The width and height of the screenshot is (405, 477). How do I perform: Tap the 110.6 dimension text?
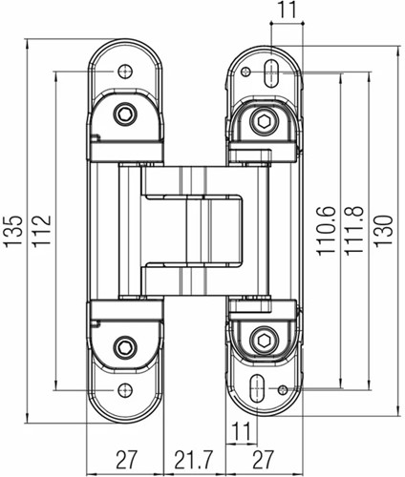coord(327,230)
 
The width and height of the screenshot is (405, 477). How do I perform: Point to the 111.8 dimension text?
coord(353,230)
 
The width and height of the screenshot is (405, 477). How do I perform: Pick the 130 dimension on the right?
coord(382,230)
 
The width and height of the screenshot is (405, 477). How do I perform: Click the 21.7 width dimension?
coord(190,456)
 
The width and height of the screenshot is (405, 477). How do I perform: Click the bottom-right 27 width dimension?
coord(264,456)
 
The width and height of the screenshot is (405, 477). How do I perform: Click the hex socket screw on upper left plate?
coord(124,115)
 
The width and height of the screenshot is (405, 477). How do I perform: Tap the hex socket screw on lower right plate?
coord(264,341)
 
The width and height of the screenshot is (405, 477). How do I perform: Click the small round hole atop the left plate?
coord(124,72)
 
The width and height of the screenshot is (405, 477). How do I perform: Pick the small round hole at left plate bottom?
coord(124,389)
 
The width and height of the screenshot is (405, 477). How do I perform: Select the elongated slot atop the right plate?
coord(273,70)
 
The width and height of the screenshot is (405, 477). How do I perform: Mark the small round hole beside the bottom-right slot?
coord(281,389)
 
